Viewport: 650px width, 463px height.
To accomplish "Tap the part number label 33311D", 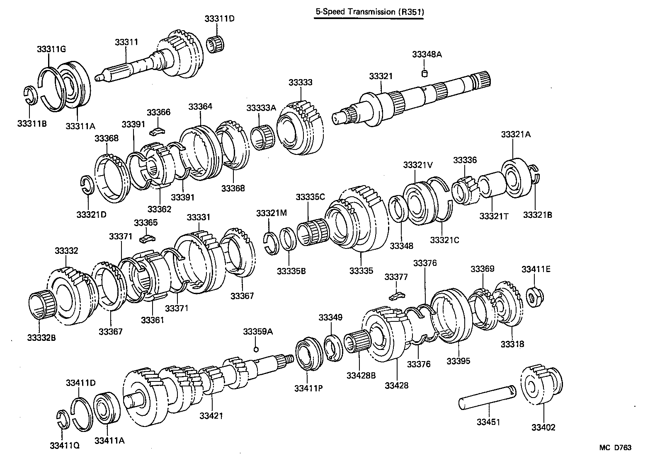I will click(x=219, y=19).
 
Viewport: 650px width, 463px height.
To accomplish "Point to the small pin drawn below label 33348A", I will click(x=424, y=74).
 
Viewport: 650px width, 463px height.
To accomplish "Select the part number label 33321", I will click(x=381, y=76).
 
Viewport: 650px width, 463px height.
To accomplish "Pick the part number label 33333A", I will click(x=261, y=108).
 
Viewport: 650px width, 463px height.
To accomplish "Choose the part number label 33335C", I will click(x=310, y=197).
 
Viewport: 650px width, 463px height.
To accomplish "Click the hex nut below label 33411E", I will click(x=534, y=296).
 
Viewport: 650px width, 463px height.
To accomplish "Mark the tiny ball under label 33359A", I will click(x=256, y=349).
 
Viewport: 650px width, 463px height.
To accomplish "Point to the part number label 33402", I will click(x=543, y=427).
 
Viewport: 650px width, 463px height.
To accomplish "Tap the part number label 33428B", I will click(x=361, y=375).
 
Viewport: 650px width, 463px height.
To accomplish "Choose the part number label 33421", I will click(x=211, y=415).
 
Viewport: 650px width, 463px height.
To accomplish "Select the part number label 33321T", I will click(x=494, y=216).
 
